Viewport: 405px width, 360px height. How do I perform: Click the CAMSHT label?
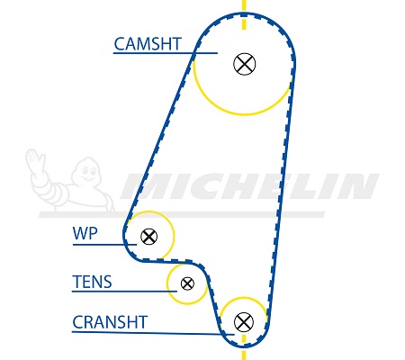pos(148,44)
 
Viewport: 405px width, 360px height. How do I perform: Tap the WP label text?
pos(85,233)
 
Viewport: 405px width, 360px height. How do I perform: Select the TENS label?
pos(92,282)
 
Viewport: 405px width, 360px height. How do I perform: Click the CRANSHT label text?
pos(110,322)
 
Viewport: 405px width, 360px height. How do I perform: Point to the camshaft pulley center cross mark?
pos(245,64)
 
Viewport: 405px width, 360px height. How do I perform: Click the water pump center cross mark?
pos(149,237)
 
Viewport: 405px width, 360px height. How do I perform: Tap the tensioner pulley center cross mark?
pos(187,283)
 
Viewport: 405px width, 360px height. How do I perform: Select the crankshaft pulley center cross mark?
pos(244,322)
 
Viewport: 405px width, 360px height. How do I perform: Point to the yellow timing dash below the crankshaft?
pos(244,348)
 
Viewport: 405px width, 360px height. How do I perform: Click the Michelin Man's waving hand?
pos(35,160)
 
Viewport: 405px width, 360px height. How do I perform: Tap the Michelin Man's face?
pos(87,172)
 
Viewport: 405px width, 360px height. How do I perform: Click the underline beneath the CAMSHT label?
pos(166,53)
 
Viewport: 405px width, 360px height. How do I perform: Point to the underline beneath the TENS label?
pos(124,291)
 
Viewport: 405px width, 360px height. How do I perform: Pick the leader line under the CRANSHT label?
pos(153,333)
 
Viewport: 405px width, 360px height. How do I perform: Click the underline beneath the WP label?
pos(104,245)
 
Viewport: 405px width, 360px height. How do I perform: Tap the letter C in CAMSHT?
pos(120,44)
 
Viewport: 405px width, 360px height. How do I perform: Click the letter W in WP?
pos(80,233)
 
